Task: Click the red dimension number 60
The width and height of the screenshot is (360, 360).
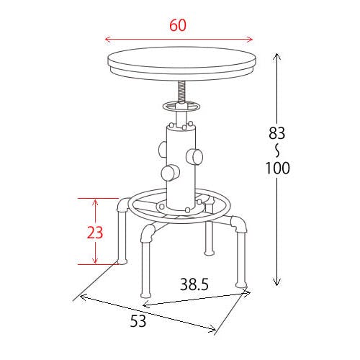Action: point(178,25)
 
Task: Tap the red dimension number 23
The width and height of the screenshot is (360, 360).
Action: point(95,233)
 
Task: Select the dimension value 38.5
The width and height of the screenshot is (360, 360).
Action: point(194,284)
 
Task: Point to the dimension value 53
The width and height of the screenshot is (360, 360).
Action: point(138,321)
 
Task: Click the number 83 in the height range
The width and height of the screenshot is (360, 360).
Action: point(277,133)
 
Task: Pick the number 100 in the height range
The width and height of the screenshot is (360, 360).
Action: point(278,168)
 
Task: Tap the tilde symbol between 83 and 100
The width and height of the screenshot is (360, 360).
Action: point(277,150)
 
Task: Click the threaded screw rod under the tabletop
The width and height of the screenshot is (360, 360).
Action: point(181,91)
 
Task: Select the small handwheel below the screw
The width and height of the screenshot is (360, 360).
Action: point(181,107)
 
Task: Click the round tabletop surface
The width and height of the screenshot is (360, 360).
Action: point(181,58)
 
